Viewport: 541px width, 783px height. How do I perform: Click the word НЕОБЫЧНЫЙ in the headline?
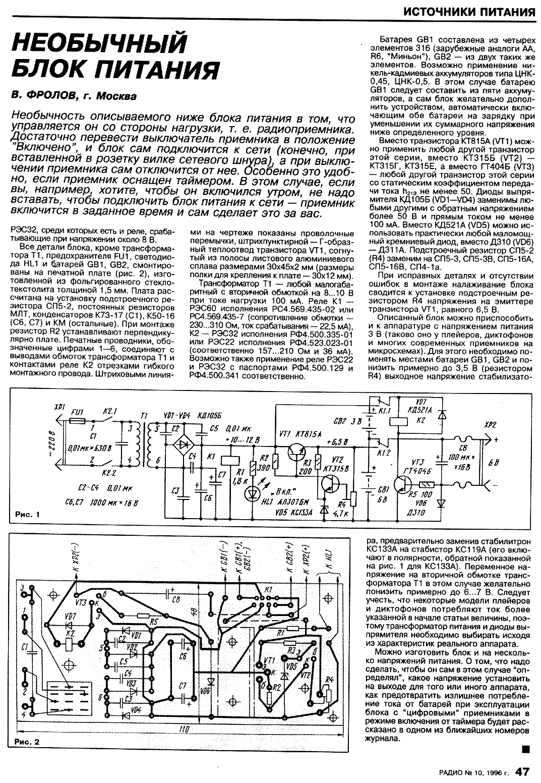coord(98,43)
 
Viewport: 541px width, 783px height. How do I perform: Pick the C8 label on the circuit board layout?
coord(176,600)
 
